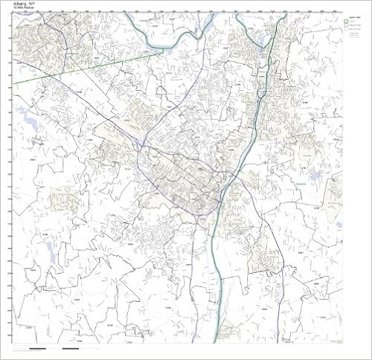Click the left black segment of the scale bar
click(37, 348)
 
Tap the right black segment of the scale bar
click(71, 348)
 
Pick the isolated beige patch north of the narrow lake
click(62, 198)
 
